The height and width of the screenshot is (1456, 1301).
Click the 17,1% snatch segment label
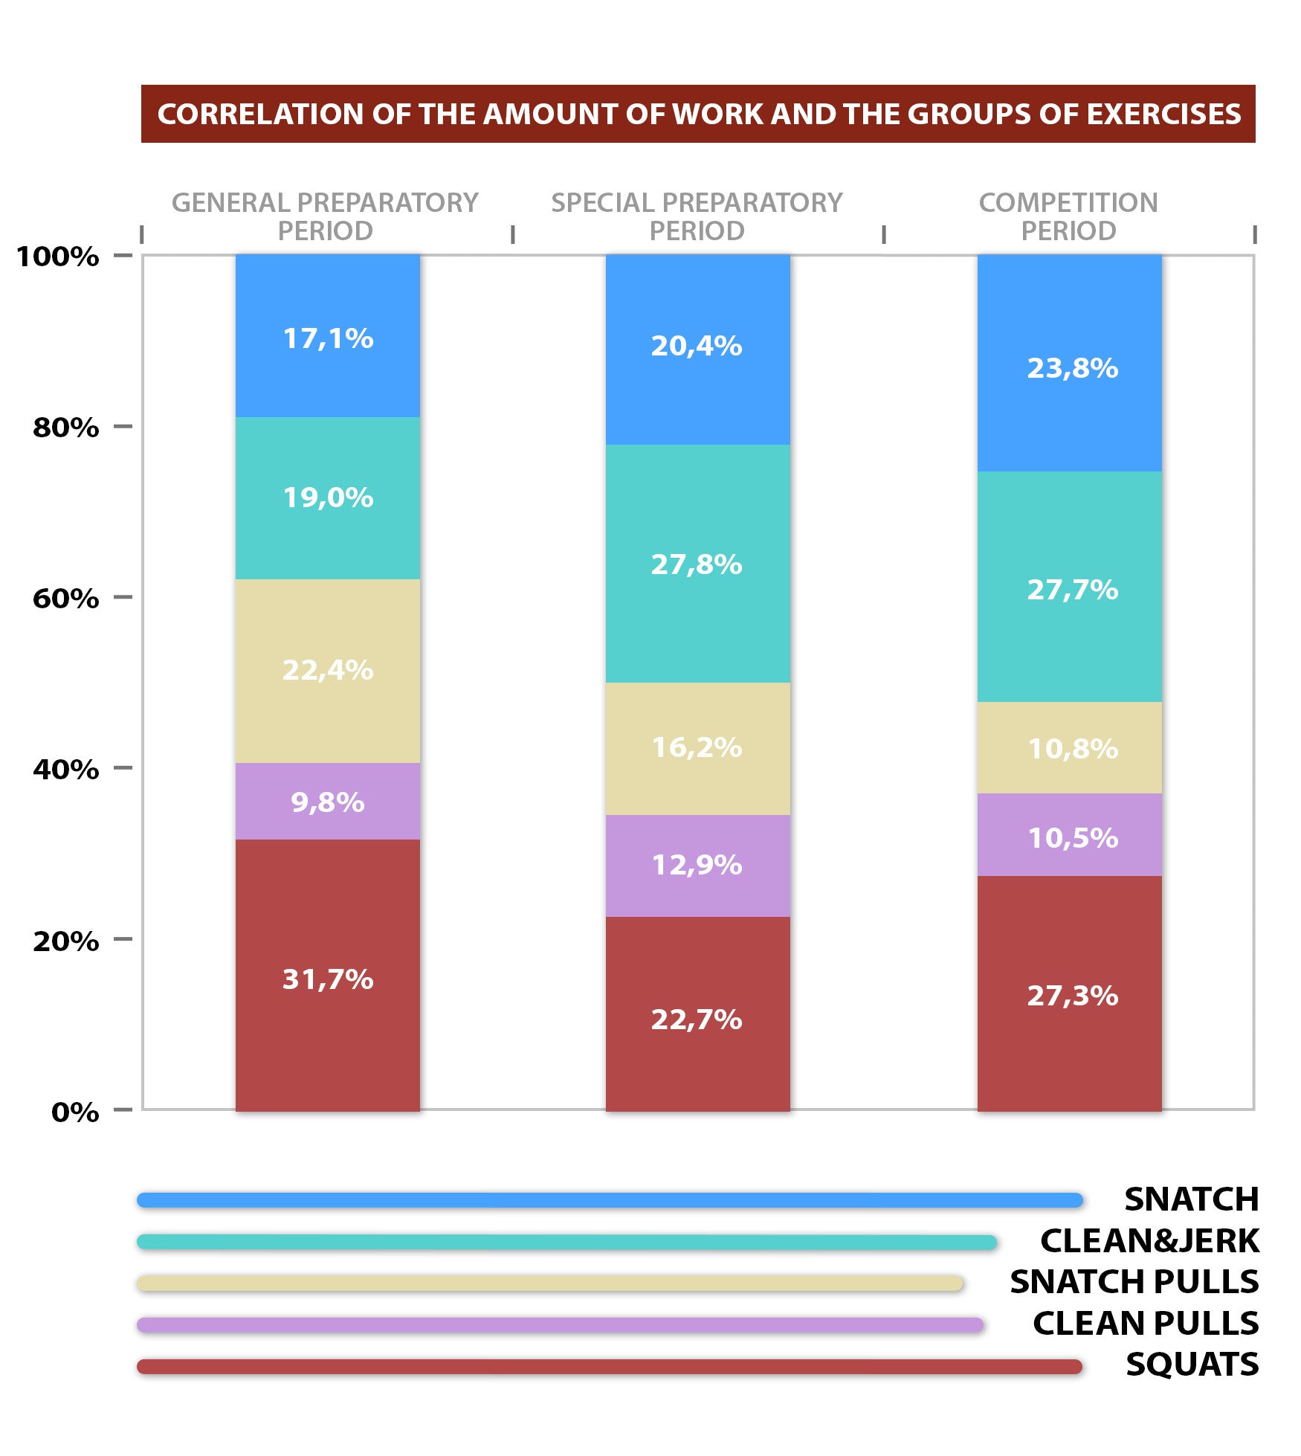(328, 338)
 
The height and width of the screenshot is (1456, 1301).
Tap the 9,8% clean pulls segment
(328, 802)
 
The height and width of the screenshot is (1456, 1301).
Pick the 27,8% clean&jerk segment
(697, 564)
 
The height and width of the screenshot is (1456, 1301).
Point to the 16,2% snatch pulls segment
(697, 747)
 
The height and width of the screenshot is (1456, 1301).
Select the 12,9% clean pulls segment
(697, 865)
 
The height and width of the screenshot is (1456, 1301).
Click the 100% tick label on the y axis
(57, 257)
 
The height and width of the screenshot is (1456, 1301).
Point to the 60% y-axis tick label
(65, 598)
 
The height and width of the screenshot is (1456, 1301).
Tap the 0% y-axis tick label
(75, 1112)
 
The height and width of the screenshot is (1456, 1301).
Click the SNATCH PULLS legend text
(1134, 1281)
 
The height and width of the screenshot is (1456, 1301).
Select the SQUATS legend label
(1192, 1364)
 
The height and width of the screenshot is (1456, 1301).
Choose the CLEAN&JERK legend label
(1149, 1240)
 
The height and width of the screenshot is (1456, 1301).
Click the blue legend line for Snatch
(610, 1200)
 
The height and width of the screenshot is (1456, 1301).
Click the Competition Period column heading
(1068, 216)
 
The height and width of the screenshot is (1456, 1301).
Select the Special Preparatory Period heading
(697, 216)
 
